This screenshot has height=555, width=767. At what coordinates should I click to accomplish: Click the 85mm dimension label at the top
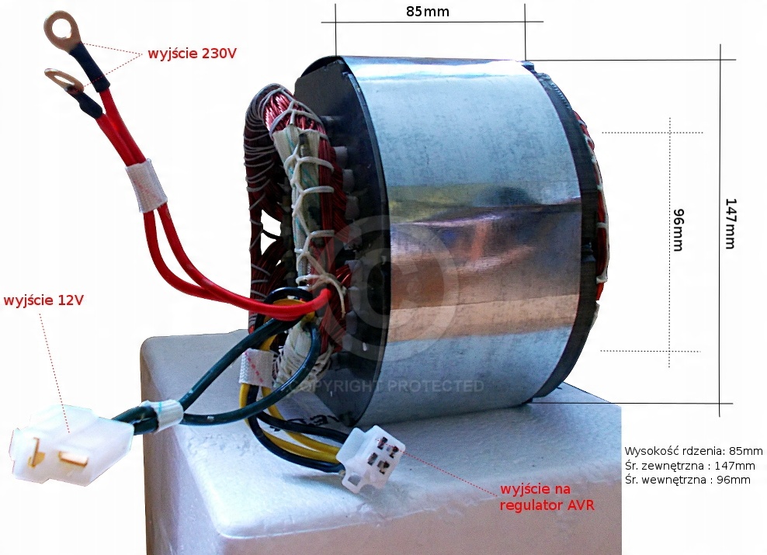(x=427, y=12)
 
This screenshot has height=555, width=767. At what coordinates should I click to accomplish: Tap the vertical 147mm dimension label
(x=729, y=223)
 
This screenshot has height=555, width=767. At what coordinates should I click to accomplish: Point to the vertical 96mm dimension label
(x=677, y=230)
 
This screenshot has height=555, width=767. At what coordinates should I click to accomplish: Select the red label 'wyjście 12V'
(x=43, y=300)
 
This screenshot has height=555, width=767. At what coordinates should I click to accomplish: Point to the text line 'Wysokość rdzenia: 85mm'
(x=693, y=451)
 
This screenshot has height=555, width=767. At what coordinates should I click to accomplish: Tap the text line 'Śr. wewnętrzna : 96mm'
(x=687, y=480)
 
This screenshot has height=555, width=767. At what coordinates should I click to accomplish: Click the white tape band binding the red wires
(x=147, y=186)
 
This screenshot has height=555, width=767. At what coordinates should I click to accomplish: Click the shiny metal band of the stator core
(x=466, y=233)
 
